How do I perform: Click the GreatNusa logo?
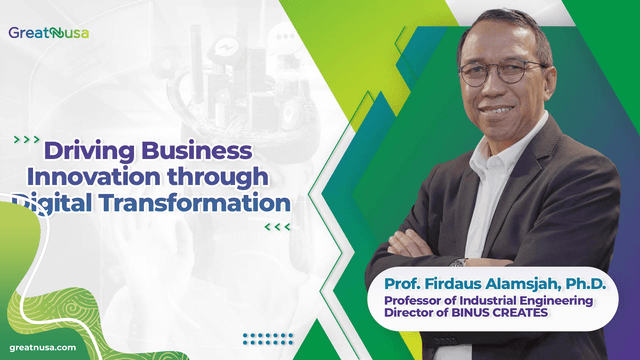[49, 32]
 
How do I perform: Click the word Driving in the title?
[89, 151]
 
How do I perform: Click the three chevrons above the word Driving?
[29, 139]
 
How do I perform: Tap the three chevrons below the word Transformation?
[278, 227]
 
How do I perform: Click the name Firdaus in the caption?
[445, 284]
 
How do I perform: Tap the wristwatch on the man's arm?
[457, 262]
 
